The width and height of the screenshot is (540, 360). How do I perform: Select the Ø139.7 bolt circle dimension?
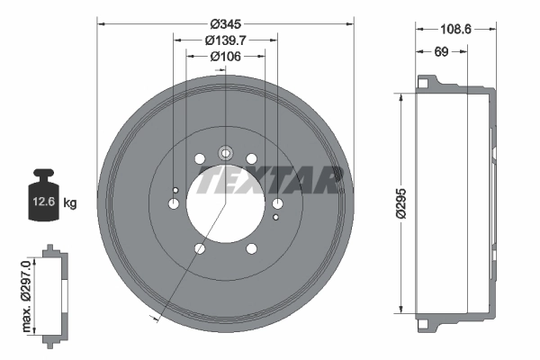point(225,40)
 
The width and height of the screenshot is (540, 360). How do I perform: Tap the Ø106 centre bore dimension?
point(225,57)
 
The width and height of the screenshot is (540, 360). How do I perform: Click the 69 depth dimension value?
point(441,52)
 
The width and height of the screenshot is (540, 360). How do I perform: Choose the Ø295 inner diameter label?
point(386,203)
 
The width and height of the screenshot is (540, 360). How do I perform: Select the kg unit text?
point(71,203)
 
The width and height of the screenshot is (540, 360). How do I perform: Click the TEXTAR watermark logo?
point(270,180)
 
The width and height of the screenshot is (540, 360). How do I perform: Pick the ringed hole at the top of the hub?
point(225,153)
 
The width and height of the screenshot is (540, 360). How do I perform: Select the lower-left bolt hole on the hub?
point(200,248)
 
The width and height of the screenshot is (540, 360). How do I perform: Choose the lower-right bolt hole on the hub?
point(251,248)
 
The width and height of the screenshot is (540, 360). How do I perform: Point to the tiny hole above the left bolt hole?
point(175,189)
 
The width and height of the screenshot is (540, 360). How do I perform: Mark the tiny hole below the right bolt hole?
point(276,218)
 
